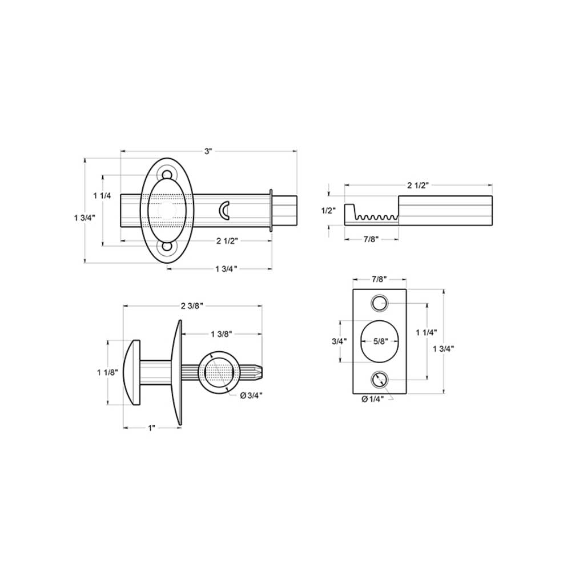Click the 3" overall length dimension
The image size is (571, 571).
click(x=208, y=151)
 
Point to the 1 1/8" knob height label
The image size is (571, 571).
click(x=107, y=372)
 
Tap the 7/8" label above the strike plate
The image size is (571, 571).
click(x=379, y=279)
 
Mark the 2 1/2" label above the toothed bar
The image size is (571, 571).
click(x=418, y=185)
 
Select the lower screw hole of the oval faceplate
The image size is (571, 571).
click(x=167, y=246)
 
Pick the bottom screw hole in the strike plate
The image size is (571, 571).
click(x=379, y=378)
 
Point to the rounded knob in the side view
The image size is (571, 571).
click(x=132, y=372)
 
